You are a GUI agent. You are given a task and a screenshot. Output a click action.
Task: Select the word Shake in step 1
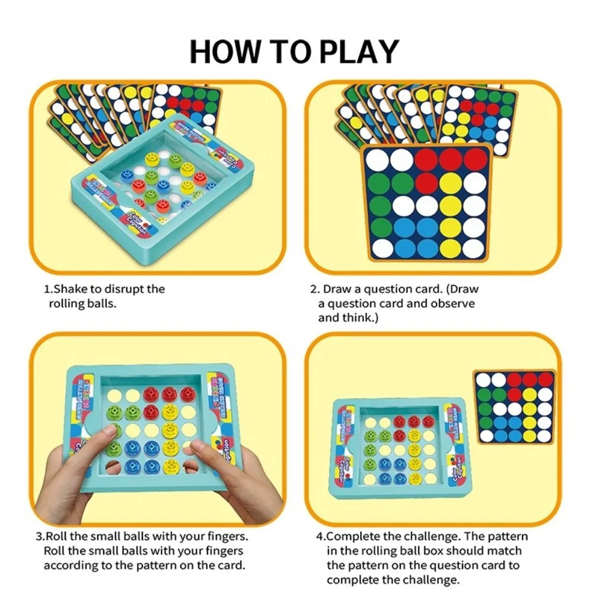[74, 289]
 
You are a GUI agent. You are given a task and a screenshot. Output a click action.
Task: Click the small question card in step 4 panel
[514, 406]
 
